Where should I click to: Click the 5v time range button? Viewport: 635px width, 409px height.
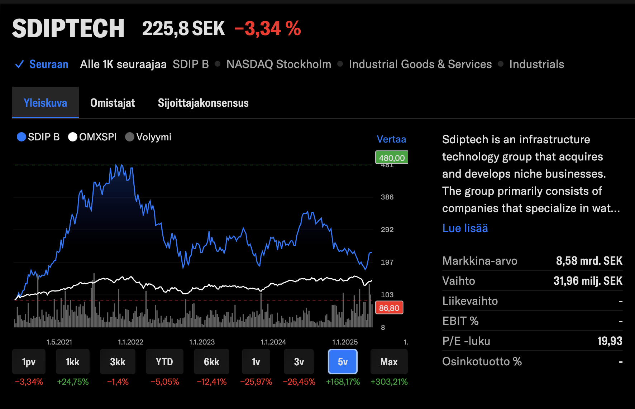[343, 362]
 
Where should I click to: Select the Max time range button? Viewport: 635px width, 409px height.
[389, 362]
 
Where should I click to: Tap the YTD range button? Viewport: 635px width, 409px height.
[164, 362]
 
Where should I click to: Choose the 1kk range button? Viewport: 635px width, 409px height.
[72, 362]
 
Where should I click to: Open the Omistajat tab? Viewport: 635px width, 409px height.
[113, 103]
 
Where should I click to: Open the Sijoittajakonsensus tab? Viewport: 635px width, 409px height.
[203, 103]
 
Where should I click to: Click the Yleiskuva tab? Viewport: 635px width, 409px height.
[46, 103]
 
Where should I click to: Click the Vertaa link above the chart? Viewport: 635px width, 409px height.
[391, 139]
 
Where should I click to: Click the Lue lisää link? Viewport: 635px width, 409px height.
[465, 228]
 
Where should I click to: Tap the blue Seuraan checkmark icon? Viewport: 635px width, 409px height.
[19, 64]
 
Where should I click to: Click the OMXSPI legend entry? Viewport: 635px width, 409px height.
[93, 137]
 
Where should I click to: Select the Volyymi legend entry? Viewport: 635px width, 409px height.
[149, 137]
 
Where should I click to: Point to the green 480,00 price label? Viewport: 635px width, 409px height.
[392, 158]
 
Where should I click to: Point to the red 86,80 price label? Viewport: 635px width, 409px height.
[389, 308]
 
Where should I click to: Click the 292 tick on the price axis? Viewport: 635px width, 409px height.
[387, 230]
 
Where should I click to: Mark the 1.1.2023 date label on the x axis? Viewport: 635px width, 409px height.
[202, 342]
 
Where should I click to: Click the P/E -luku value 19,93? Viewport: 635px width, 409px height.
[610, 341]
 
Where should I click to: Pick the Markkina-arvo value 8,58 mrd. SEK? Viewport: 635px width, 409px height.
[589, 261]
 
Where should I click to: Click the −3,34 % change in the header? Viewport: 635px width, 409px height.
[268, 29]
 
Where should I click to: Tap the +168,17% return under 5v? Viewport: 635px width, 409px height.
[343, 382]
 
